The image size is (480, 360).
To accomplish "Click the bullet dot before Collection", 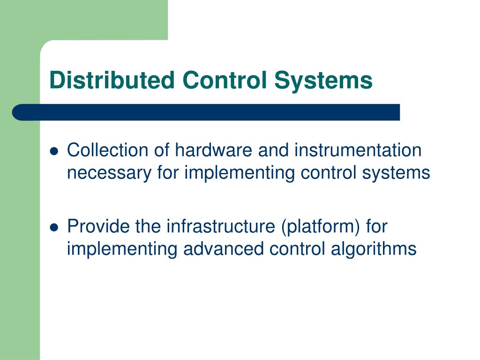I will click(x=54, y=151).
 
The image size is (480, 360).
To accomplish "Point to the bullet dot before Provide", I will click(x=54, y=227).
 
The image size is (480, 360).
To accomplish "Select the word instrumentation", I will click(x=358, y=150).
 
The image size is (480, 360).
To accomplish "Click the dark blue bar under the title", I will click(x=206, y=112).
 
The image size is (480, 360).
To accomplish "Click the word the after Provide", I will click(x=148, y=226).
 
